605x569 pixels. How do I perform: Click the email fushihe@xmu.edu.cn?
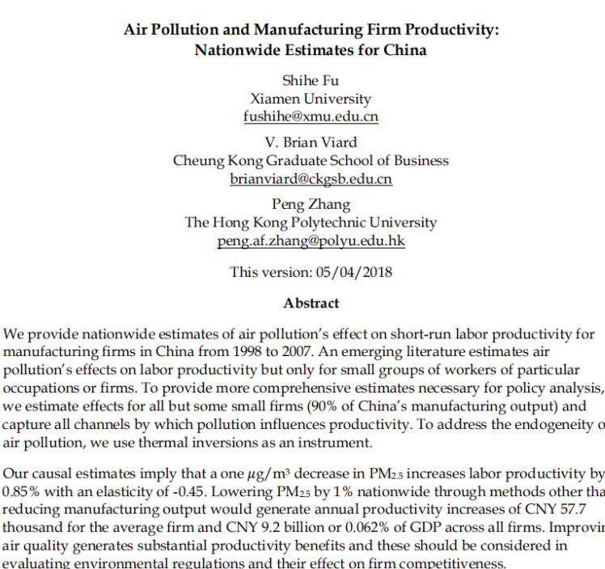point(311,116)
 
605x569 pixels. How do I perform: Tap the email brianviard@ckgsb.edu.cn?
point(311,179)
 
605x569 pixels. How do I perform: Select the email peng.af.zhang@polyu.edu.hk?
point(311,241)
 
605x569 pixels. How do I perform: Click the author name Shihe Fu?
point(311,80)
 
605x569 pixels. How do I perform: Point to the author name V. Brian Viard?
point(311,142)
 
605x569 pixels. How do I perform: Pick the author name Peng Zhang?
point(311,205)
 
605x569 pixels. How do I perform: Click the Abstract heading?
point(311,303)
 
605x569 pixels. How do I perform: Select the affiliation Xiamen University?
point(311,99)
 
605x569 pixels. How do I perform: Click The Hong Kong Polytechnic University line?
point(311,223)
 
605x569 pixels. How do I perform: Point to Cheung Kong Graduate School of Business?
point(311,160)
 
